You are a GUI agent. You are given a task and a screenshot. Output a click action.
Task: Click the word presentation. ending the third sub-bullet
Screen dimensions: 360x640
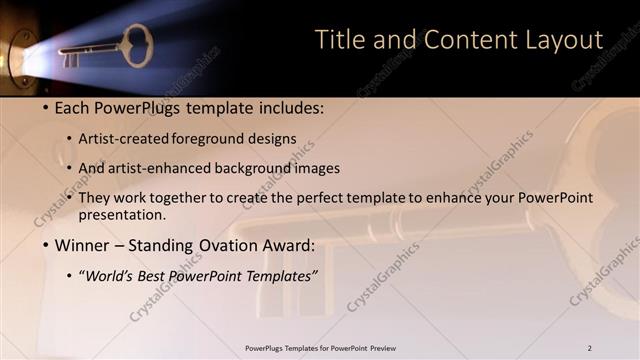click(x=122, y=215)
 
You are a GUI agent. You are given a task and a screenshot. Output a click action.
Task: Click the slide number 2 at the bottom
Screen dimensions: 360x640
click(x=589, y=348)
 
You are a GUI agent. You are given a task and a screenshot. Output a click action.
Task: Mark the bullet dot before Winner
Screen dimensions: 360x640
click(x=46, y=246)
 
